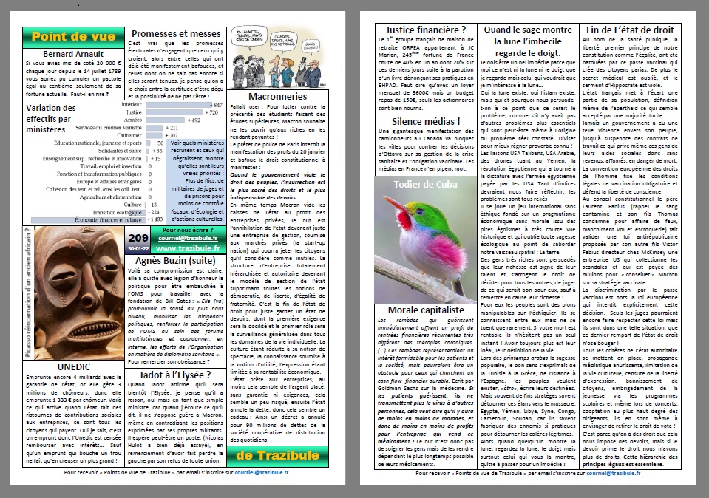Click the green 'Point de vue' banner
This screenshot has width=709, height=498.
tap(73, 36)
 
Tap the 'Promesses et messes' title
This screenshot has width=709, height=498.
tap(176, 34)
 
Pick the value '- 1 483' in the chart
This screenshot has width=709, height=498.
tap(155, 219)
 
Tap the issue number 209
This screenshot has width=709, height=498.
tap(138, 237)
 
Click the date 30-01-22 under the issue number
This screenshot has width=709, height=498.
tap(138, 248)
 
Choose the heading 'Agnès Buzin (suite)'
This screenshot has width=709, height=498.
tap(175, 262)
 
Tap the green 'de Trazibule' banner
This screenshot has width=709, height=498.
tap(277, 453)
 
